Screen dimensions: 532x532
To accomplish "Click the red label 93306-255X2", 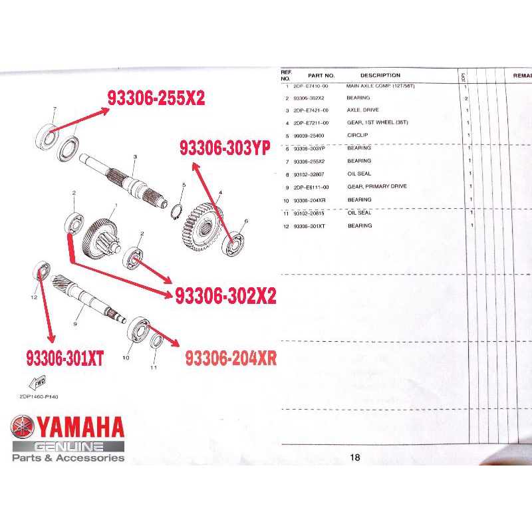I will point(156,98).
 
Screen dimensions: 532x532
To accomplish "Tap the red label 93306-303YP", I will point(224,149).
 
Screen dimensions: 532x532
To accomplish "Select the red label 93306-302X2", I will point(225,297).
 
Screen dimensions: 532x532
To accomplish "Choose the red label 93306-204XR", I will point(231,358).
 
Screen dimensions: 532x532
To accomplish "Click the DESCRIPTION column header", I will point(380,75).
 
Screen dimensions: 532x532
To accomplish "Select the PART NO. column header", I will point(321,75).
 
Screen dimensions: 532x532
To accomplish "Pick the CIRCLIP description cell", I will point(358,135).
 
